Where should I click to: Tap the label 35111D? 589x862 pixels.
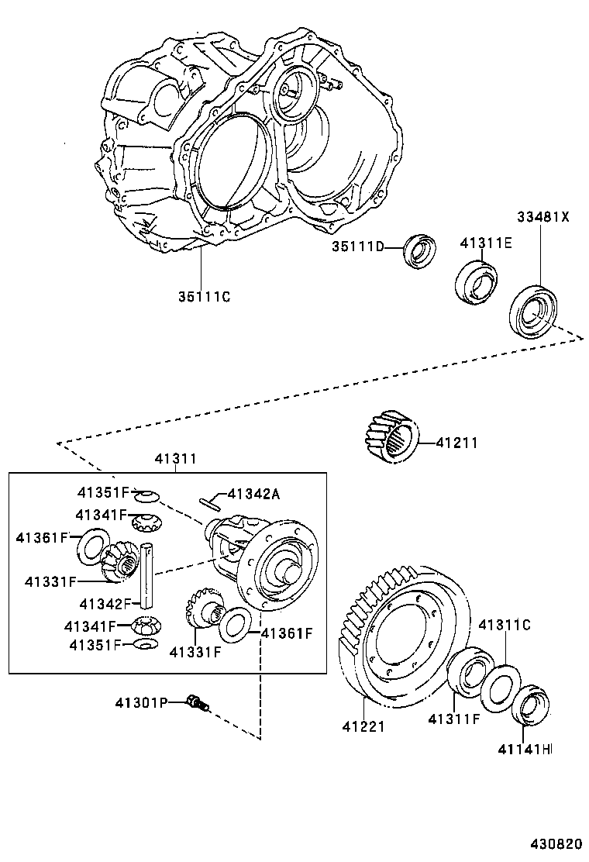(x=358, y=247)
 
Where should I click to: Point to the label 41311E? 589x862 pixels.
(x=486, y=242)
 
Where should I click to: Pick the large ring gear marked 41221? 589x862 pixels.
(x=403, y=636)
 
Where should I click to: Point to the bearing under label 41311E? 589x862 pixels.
(x=474, y=282)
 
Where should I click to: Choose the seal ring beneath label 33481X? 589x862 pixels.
(x=534, y=311)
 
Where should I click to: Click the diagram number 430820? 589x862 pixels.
(x=556, y=843)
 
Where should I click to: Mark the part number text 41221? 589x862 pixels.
(x=364, y=726)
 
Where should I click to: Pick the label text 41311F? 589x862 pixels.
(x=454, y=719)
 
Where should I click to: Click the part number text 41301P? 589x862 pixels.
(x=141, y=702)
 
